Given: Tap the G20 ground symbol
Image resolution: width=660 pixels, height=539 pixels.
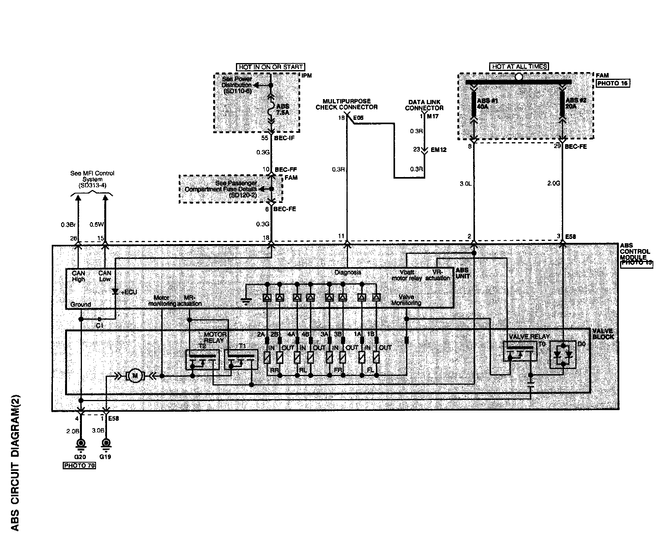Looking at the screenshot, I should point(81,444).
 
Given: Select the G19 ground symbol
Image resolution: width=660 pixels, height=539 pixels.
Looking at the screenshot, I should point(105,444).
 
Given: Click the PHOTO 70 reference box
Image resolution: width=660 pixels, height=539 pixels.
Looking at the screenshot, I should point(79,466).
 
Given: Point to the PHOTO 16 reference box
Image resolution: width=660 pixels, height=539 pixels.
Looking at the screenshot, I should point(613,83).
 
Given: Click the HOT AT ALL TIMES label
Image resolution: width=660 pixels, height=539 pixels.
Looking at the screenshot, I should point(519,67).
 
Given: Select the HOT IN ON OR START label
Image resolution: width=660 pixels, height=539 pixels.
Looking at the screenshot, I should point(270,67).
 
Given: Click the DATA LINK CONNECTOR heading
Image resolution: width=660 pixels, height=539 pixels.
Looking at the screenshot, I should point(424,105).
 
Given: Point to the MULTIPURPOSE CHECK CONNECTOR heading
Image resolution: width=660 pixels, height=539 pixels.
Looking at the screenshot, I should point(347,104).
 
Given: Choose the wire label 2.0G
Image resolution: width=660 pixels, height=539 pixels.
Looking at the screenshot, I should point(554,183).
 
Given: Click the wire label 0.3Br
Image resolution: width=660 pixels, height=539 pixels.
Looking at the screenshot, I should point(67,225).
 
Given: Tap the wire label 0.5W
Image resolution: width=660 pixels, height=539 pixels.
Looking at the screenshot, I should point(96,225).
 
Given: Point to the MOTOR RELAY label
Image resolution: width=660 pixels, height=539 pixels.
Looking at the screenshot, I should point(216,337).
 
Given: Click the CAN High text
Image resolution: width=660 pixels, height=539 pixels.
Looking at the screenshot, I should point(78,276).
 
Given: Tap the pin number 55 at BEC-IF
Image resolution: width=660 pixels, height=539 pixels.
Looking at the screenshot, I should point(264,138).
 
